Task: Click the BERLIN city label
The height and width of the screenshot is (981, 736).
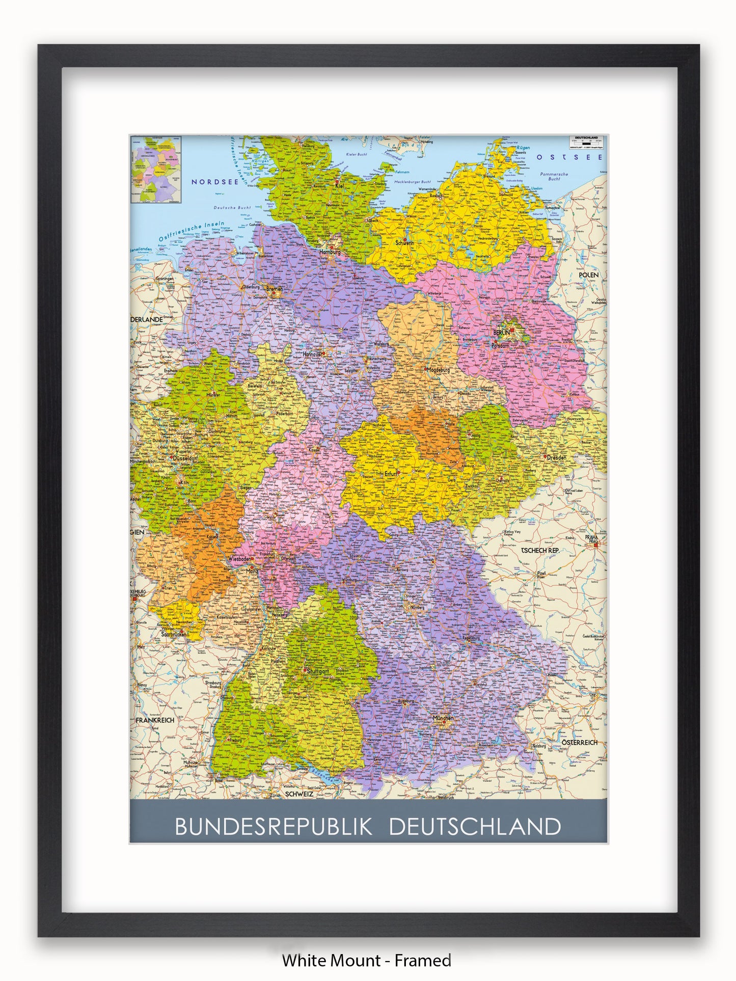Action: point(501,333)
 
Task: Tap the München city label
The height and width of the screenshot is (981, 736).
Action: point(443,718)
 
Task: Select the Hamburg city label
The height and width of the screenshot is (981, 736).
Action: point(330,252)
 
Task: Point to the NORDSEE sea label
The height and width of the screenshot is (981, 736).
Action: point(214,182)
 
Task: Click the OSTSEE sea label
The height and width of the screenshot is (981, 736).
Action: point(569,157)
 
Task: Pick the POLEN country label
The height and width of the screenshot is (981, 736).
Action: point(588,275)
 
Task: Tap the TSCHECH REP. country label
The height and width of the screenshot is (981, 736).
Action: point(540,551)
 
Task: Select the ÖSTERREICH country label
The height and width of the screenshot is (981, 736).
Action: point(579,743)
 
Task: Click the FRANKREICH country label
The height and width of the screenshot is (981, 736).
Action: point(155,720)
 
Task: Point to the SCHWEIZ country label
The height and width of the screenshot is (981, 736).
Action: point(298,794)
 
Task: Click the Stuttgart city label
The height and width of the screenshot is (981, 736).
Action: point(317,671)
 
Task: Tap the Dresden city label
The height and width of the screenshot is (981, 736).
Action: point(556,457)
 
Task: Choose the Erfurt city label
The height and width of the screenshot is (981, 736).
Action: point(391,474)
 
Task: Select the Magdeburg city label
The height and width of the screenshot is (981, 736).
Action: point(439,370)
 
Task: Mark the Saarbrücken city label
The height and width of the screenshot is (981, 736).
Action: point(174,635)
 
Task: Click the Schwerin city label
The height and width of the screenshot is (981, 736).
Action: point(404,243)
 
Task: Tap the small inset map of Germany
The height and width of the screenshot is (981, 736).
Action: point(156,170)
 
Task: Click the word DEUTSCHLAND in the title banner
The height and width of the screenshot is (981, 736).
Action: point(475,827)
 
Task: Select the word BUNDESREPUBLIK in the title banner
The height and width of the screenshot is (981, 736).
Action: point(274,827)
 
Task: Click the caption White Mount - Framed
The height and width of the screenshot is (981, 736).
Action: point(367,961)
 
